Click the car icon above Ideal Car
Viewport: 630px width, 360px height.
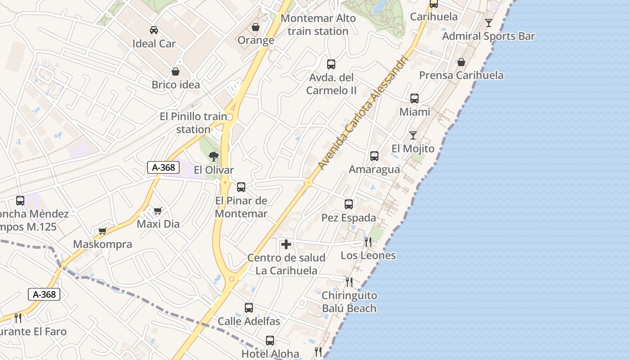click(154, 30)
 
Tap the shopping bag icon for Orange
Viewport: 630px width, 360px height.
click(256, 27)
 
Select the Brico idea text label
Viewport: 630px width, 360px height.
click(175, 85)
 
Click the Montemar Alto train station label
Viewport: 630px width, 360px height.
click(318, 25)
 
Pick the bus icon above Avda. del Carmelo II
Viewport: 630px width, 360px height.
click(331, 64)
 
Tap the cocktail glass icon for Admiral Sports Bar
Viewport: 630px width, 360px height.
click(489, 22)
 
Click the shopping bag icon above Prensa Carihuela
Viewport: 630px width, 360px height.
click(461, 62)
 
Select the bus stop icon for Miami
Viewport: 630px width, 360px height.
click(414, 99)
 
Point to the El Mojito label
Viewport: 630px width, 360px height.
click(413, 148)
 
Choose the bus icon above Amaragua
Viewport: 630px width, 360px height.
click(374, 156)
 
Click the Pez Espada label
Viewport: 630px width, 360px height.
click(349, 218)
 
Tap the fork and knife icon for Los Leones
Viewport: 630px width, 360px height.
click(368, 242)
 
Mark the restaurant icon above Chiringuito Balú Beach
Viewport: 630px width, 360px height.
click(349, 282)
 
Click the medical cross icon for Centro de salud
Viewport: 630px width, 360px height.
click(286, 245)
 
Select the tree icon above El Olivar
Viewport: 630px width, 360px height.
click(214, 157)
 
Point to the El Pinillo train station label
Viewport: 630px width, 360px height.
click(193, 123)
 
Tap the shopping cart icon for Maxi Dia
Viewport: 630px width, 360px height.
click(158, 211)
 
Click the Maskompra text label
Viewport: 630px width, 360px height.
click(103, 244)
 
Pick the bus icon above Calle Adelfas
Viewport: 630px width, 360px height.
click(249, 308)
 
